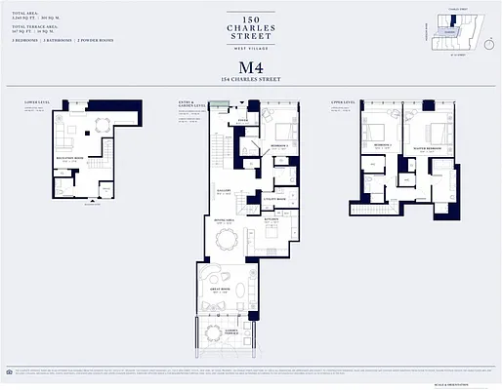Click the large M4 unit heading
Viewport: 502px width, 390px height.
point(251,67)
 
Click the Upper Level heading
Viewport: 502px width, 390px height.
point(369,100)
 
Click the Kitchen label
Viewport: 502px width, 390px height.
point(273,218)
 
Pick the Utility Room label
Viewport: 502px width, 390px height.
point(274,199)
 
